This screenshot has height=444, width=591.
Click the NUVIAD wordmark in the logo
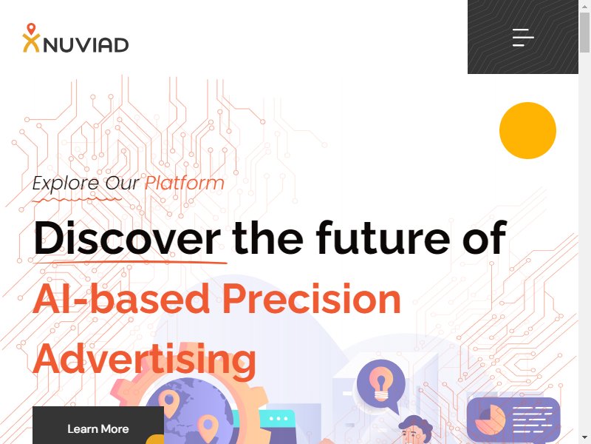[x=86, y=45]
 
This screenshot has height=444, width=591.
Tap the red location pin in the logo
[x=31, y=29]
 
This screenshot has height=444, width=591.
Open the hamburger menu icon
[x=523, y=38]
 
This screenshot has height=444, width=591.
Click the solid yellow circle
[x=527, y=131]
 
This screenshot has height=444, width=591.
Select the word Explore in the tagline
[x=66, y=184]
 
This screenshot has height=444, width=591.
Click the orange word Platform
[x=185, y=183]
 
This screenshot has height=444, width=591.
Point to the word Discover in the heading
[x=127, y=238]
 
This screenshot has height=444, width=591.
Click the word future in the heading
[x=383, y=238]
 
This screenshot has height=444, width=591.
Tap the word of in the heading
[x=485, y=238]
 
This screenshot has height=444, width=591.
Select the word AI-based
[x=121, y=299]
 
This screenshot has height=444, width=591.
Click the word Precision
[x=311, y=299]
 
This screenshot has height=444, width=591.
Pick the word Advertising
[x=145, y=360]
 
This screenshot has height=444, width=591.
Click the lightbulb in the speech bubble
[x=380, y=383]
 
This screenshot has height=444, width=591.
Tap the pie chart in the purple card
[x=490, y=420]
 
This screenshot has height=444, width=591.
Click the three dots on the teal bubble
[x=279, y=418]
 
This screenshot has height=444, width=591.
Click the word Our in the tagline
[x=122, y=184]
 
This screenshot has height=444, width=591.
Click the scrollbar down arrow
[x=584, y=438]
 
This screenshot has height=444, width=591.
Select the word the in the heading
[x=267, y=238]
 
